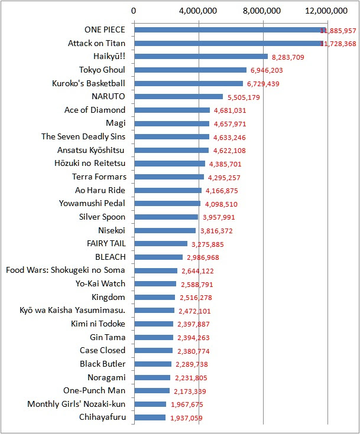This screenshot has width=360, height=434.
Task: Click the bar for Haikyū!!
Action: pyautogui.click(x=201, y=57)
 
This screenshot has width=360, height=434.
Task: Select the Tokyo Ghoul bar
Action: pyautogui.click(x=190, y=70)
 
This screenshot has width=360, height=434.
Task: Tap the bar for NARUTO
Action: pyautogui.click(x=179, y=96)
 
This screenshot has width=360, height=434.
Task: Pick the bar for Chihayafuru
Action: pyautogui.click(x=150, y=417)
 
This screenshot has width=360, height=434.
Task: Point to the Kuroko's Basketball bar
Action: pyautogui.click(x=189, y=83)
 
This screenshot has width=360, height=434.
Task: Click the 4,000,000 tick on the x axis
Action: pyautogui.click(x=199, y=11)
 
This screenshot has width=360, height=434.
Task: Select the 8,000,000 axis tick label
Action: pyautogui.click(x=263, y=11)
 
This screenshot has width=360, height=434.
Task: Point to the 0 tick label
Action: pyautogui.click(x=134, y=11)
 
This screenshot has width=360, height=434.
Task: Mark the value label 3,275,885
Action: pyautogui.click(x=209, y=244)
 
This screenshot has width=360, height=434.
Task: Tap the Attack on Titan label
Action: pyautogui.click(x=96, y=43)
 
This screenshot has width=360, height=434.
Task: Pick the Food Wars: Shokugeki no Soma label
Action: pyautogui.click(x=65, y=270)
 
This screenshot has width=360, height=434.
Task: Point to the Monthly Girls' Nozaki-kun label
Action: pyautogui.click(x=76, y=404)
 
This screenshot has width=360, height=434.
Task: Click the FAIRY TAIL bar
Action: pyautogui.click(x=161, y=243)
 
